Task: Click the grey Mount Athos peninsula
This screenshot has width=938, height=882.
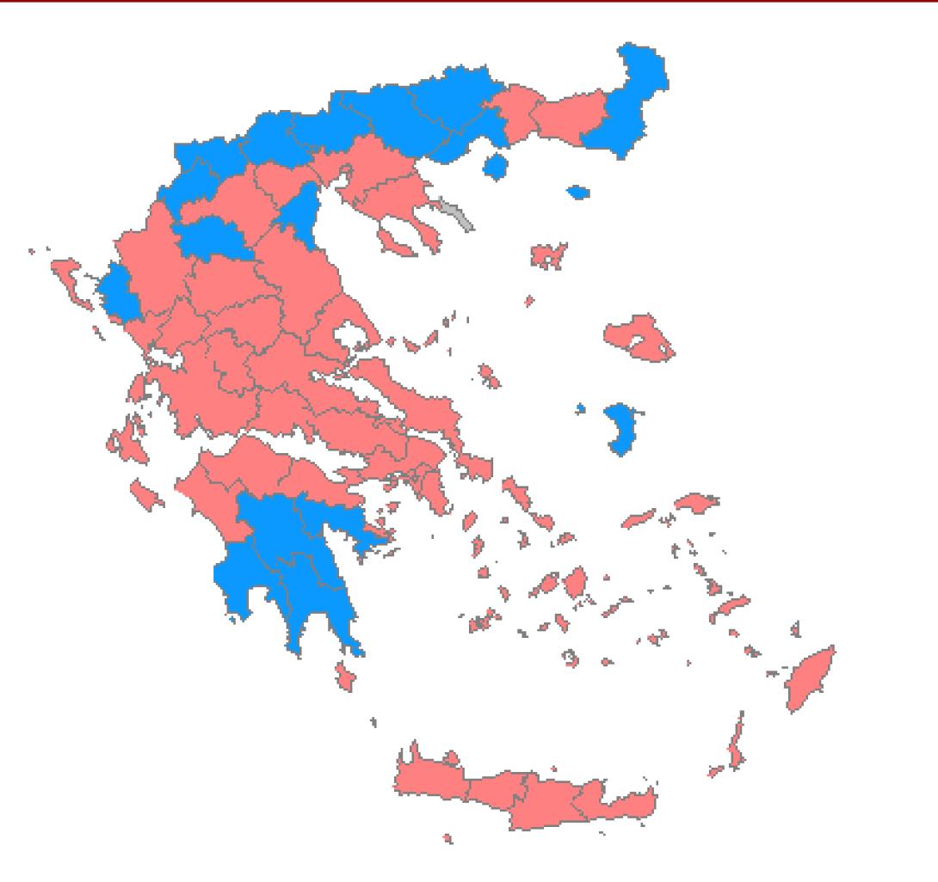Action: pyautogui.click(x=457, y=212)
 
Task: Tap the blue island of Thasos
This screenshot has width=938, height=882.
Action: pyautogui.click(x=494, y=165)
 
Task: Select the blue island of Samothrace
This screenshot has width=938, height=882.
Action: pyautogui.click(x=579, y=192)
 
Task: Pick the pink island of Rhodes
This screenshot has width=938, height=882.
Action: pyautogui.click(x=808, y=678)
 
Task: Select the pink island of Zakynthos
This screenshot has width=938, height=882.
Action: pyautogui.click(x=146, y=495)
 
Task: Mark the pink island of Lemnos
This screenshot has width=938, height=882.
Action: pyautogui.click(x=547, y=255)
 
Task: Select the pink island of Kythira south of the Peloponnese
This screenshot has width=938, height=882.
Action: pyautogui.click(x=345, y=676)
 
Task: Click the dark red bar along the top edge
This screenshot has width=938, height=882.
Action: pyautogui.click(x=469, y=3)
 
